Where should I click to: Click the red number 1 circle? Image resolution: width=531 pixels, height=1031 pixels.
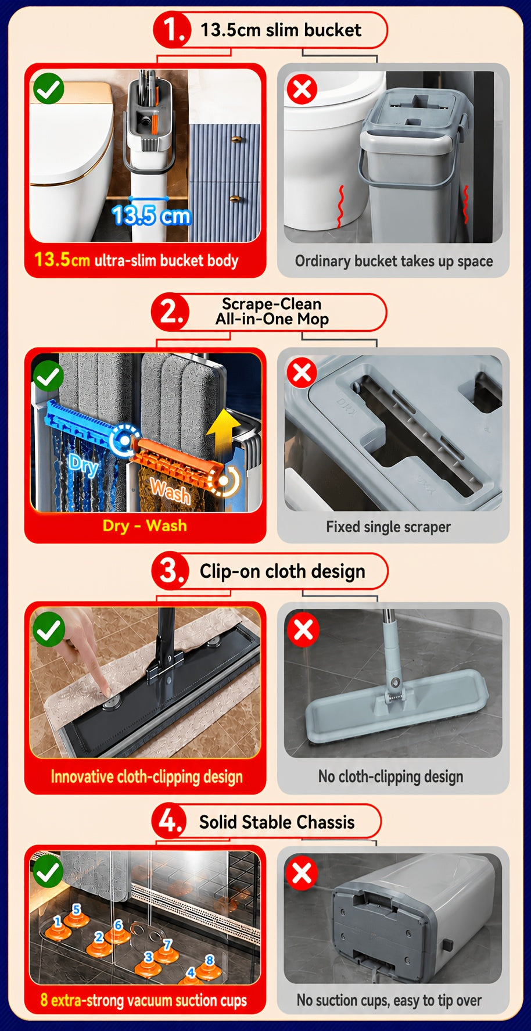(x=173, y=30)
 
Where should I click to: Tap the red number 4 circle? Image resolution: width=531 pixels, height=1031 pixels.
(x=170, y=822)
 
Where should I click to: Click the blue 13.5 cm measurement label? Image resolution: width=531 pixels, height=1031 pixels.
(x=151, y=215)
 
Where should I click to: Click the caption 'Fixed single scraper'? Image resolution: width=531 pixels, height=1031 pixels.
(x=388, y=527)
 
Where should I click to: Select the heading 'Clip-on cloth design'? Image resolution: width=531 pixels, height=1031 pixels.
(x=282, y=571)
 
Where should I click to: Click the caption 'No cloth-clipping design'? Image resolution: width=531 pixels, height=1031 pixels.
(x=390, y=776)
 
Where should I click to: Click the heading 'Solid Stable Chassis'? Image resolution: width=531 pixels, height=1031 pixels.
(x=277, y=822)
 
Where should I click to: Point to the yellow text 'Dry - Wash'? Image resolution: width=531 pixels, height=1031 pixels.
(x=145, y=525)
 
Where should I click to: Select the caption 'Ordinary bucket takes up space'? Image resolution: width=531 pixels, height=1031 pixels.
(x=394, y=261)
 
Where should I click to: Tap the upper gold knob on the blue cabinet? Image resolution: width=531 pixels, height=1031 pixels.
(x=237, y=139)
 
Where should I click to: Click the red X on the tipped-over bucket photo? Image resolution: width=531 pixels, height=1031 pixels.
(x=302, y=873)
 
